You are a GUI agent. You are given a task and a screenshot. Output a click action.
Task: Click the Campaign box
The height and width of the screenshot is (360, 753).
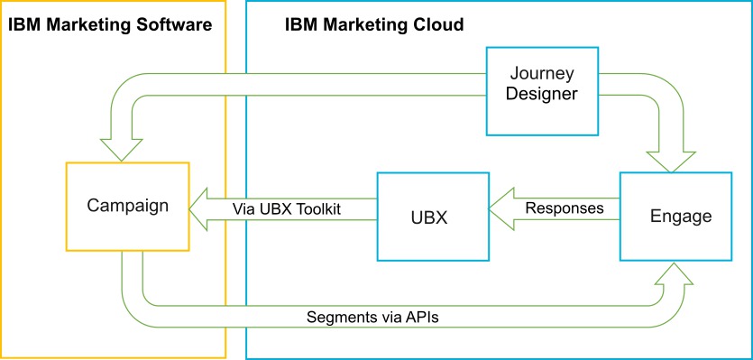(x=127, y=206)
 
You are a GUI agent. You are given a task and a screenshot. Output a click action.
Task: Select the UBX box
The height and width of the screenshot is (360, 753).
(x=432, y=217)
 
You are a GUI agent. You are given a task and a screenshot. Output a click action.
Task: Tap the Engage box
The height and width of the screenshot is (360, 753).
(x=681, y=216)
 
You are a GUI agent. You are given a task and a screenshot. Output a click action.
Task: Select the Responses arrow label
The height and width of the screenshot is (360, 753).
(x=565, y=208)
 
